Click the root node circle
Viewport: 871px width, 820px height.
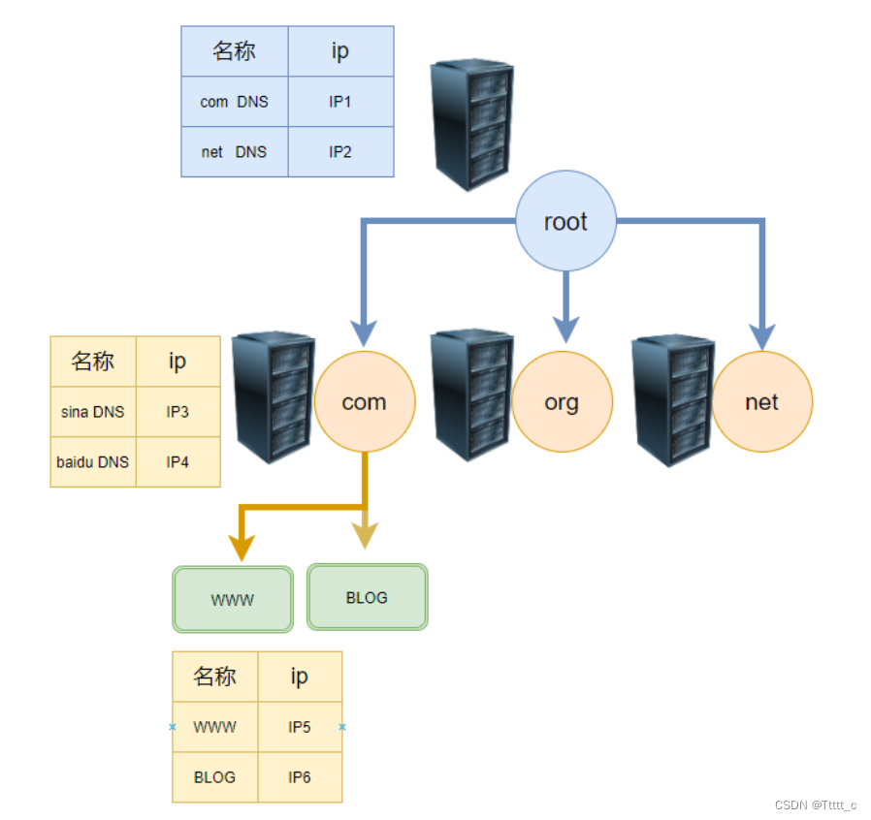565,223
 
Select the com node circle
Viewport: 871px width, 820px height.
365,402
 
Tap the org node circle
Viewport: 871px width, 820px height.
562,402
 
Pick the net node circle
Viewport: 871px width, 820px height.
762,402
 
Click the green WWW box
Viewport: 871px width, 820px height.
233,600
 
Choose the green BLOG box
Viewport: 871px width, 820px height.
367,597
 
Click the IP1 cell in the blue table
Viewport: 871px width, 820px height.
340,102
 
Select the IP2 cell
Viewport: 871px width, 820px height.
340,152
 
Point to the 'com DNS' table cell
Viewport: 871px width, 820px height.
235,102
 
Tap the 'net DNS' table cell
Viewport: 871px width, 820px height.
235,152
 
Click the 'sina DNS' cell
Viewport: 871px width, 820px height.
93,412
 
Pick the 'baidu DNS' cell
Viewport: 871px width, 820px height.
93,462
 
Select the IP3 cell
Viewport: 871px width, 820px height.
177,412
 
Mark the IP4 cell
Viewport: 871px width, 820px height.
177,462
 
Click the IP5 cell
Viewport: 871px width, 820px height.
300,727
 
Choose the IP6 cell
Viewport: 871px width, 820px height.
300,777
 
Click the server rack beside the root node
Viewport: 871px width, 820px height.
472,123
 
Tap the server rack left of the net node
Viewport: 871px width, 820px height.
672,399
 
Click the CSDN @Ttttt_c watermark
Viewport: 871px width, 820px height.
816,805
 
